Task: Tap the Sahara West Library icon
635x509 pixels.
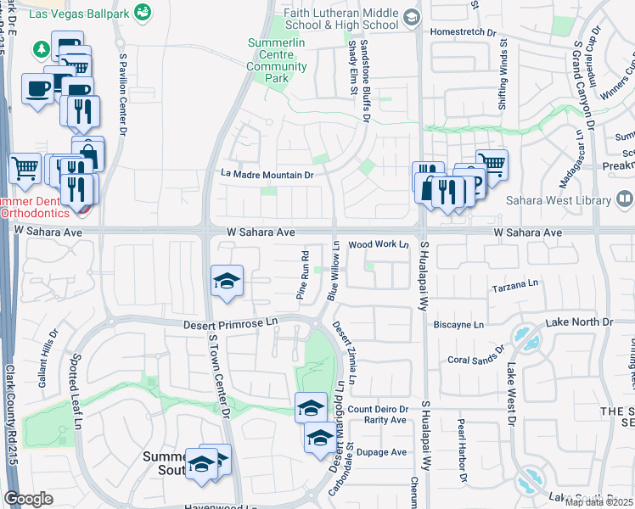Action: coord(624,200)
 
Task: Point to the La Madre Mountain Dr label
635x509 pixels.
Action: coord(267,175)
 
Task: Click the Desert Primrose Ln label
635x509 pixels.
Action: coord(231,324)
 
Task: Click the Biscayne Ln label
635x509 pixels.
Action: coord(457,324)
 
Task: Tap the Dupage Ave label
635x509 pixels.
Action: coord(381,452)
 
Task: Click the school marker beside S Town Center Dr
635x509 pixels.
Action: coord(227,282)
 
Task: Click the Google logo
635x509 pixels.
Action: coord(29,499)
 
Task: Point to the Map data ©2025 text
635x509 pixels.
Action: coord(599,502)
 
